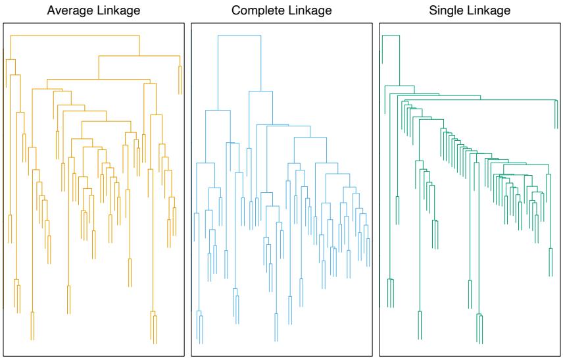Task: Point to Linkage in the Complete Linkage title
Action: [308, 11]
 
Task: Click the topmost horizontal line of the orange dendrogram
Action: [72, 34]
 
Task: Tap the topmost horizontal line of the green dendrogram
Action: [391, 35]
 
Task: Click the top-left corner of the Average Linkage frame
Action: [3, 25]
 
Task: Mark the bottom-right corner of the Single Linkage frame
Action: [560, 355]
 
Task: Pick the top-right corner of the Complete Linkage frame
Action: [372, 25]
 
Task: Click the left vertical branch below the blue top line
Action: [218, 72]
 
